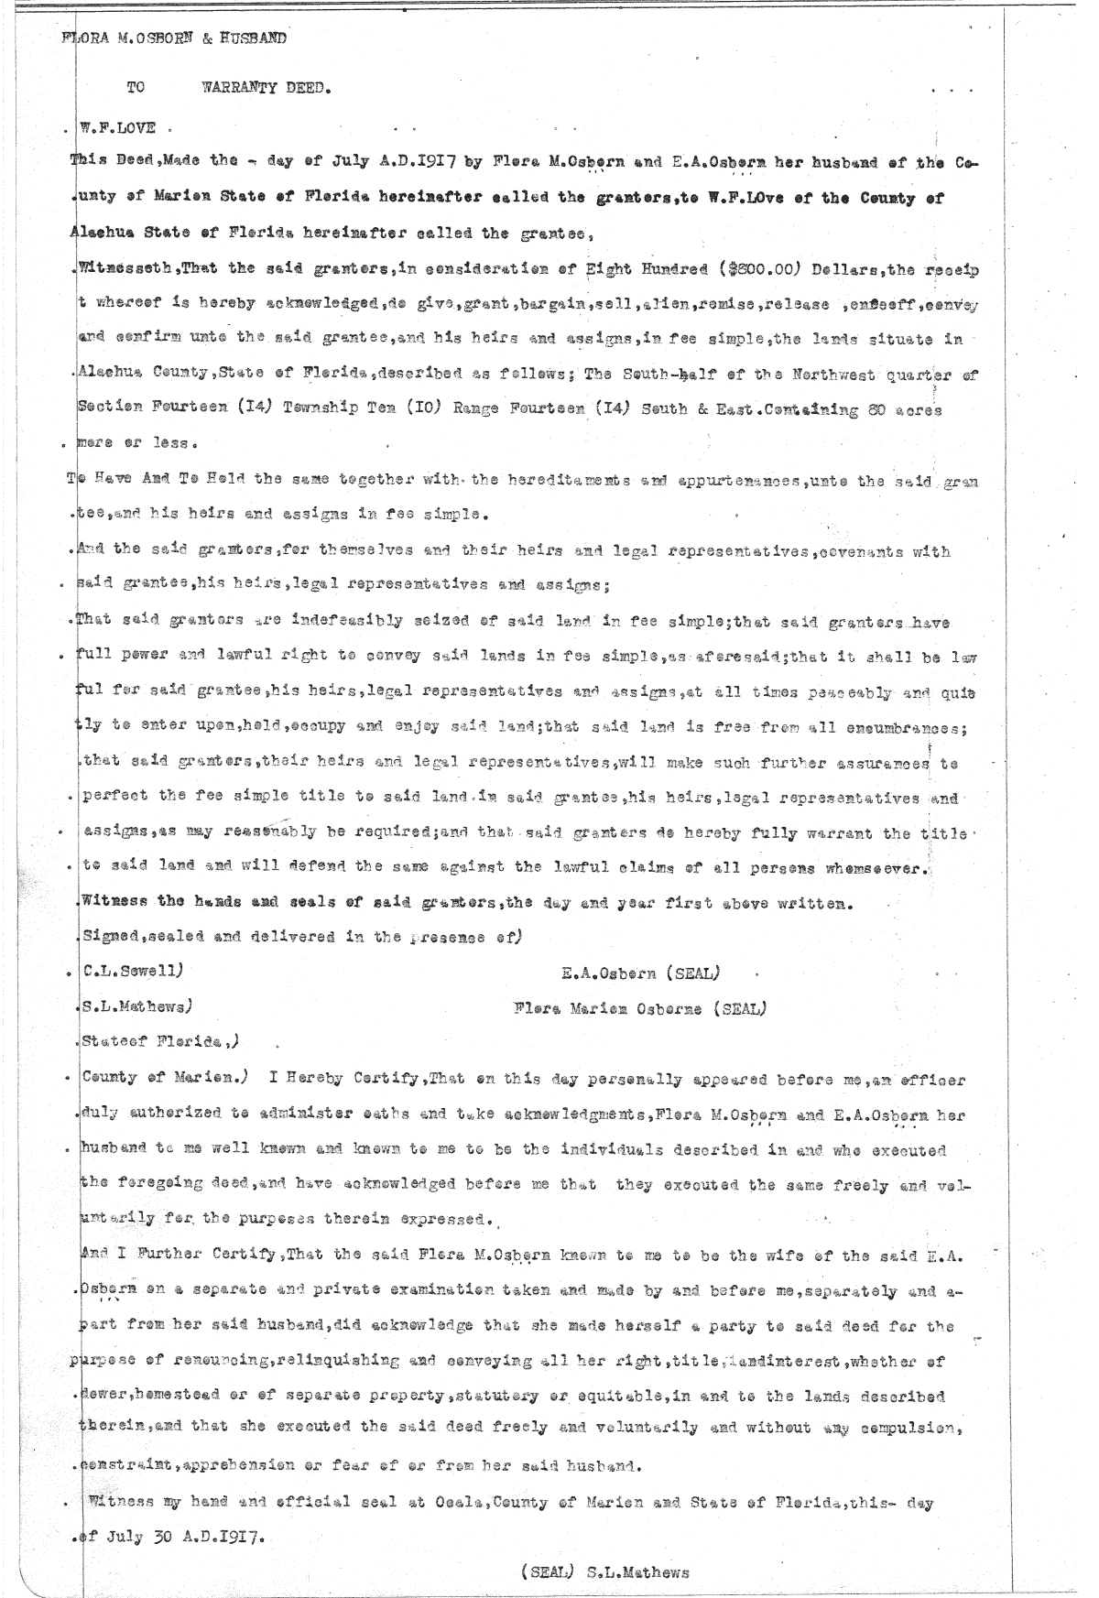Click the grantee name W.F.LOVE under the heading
coord(119,127)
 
